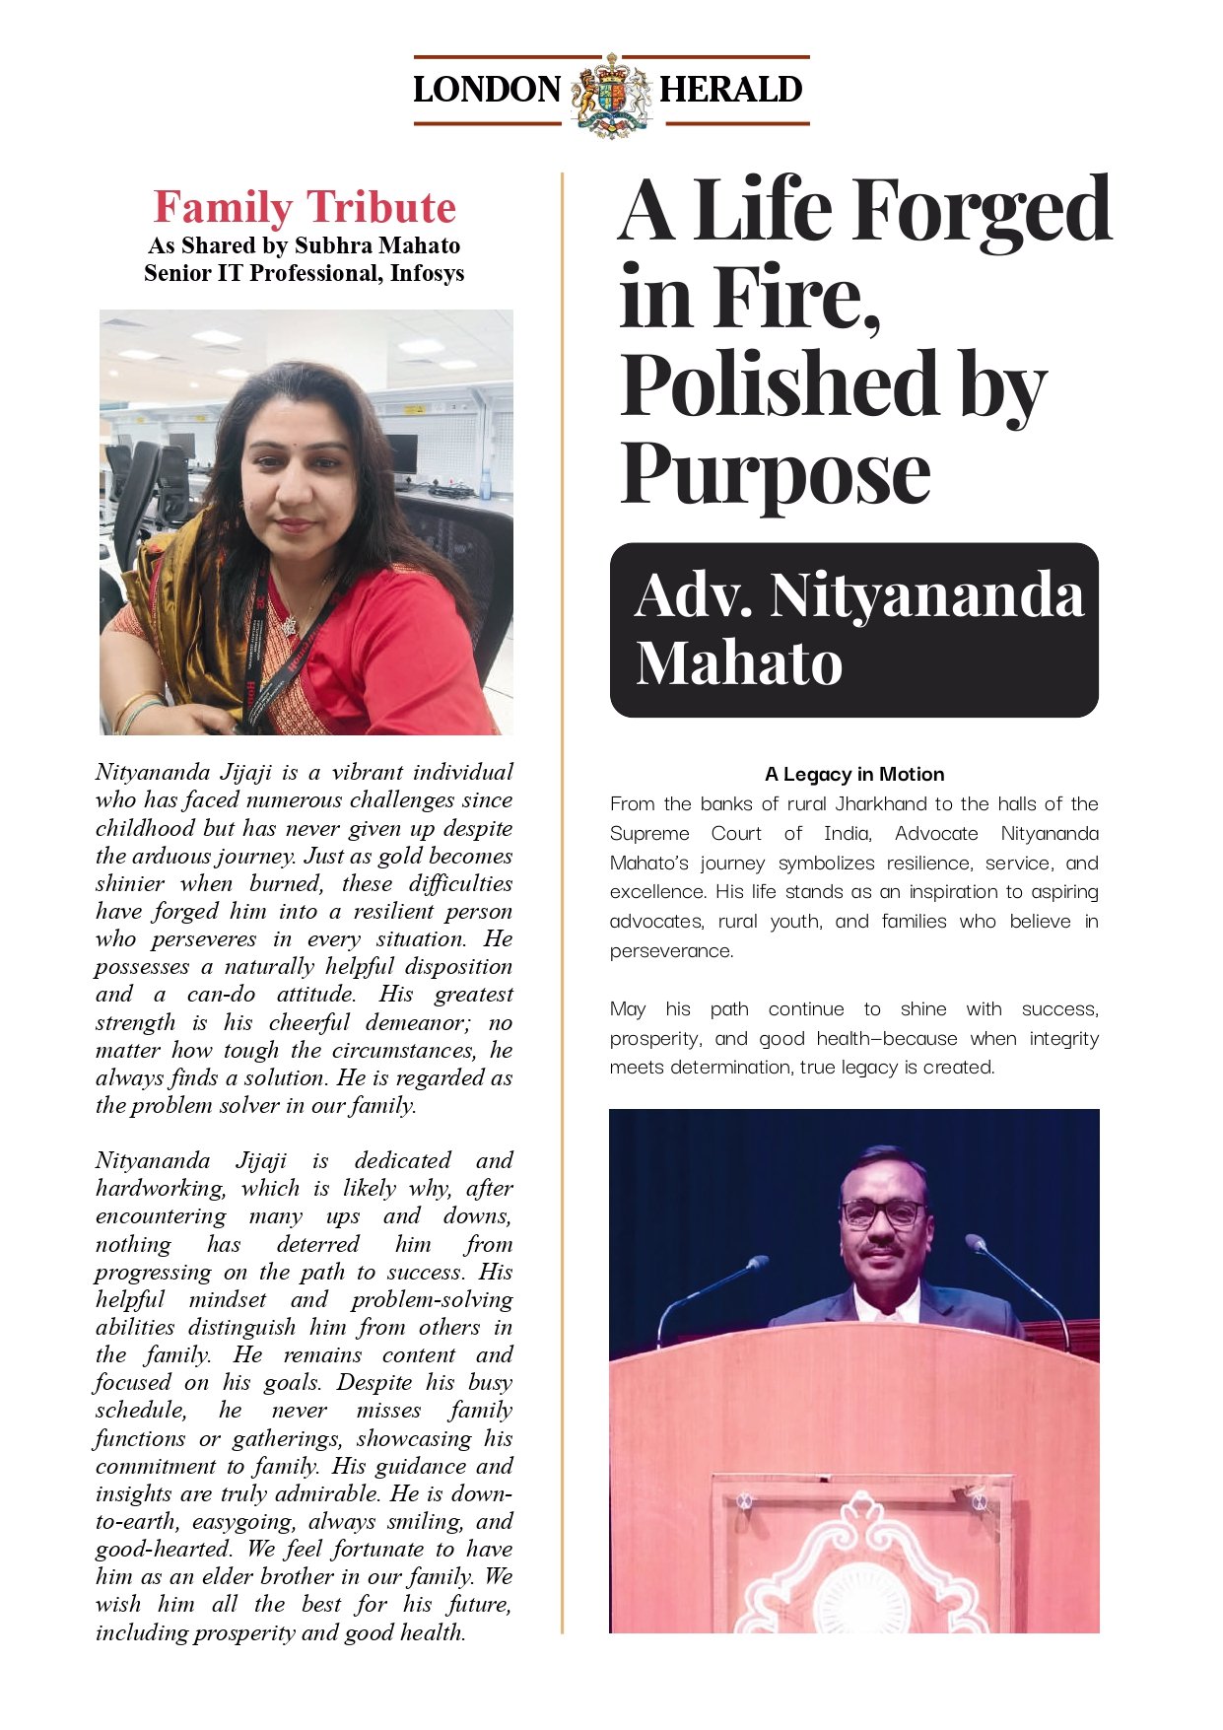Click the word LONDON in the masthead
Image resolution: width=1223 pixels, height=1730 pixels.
pos(487,90)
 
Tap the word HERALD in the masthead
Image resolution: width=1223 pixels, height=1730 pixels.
pos(730,90)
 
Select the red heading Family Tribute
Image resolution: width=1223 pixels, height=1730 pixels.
pos(305,208)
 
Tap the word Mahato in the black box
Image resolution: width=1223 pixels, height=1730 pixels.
pos(739,662)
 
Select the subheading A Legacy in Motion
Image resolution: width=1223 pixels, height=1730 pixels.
pos(854,774)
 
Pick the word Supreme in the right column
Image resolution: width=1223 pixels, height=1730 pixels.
pos(649,833)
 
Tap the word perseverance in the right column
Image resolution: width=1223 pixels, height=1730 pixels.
pos(671,950)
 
